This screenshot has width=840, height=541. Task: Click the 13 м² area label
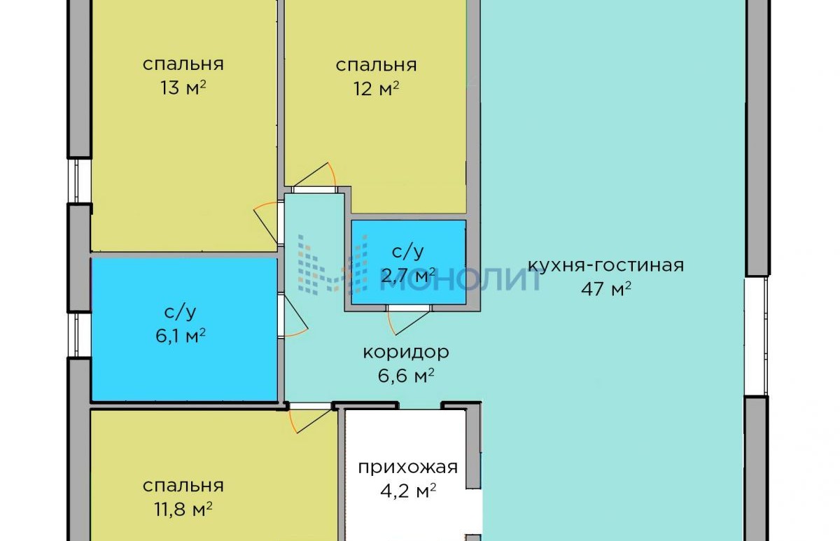[x=183, y=88]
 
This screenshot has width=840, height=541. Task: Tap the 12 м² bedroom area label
[x=376, y=89]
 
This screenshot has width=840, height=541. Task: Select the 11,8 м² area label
[x=183, y=510]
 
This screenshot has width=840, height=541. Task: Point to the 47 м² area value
[x=606, y=288]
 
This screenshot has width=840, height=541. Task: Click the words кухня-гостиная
[x=606, y=265]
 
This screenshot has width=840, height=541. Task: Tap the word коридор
[x=406, y=353]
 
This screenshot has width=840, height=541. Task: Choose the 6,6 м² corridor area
[x=406, y=376]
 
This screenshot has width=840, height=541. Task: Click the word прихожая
[x=408, y=468]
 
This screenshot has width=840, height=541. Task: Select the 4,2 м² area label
[x=408, y=491]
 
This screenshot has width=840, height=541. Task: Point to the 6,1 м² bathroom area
[x=181, y=335]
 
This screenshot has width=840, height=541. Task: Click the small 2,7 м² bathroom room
[x=409, y=262]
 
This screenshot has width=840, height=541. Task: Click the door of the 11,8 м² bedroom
[x=311, y=418]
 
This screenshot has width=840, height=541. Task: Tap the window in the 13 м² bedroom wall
[x=80, y=181]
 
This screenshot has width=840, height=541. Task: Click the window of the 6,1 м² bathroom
[x=80, y=335]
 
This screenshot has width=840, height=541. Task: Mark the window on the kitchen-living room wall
[x=755, y=337]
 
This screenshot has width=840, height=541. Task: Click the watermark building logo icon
[x=333, y=265]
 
